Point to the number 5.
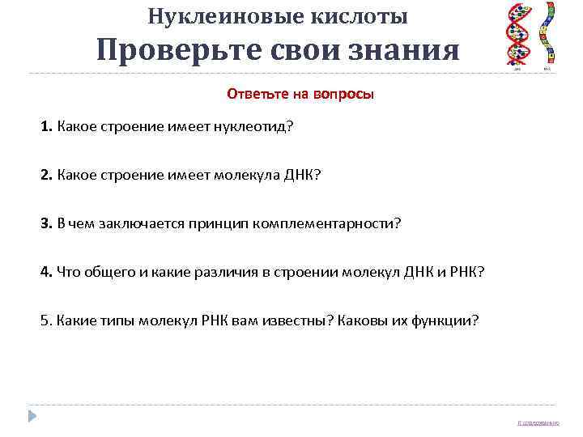click(45, 320)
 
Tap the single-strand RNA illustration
click(547, 33)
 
